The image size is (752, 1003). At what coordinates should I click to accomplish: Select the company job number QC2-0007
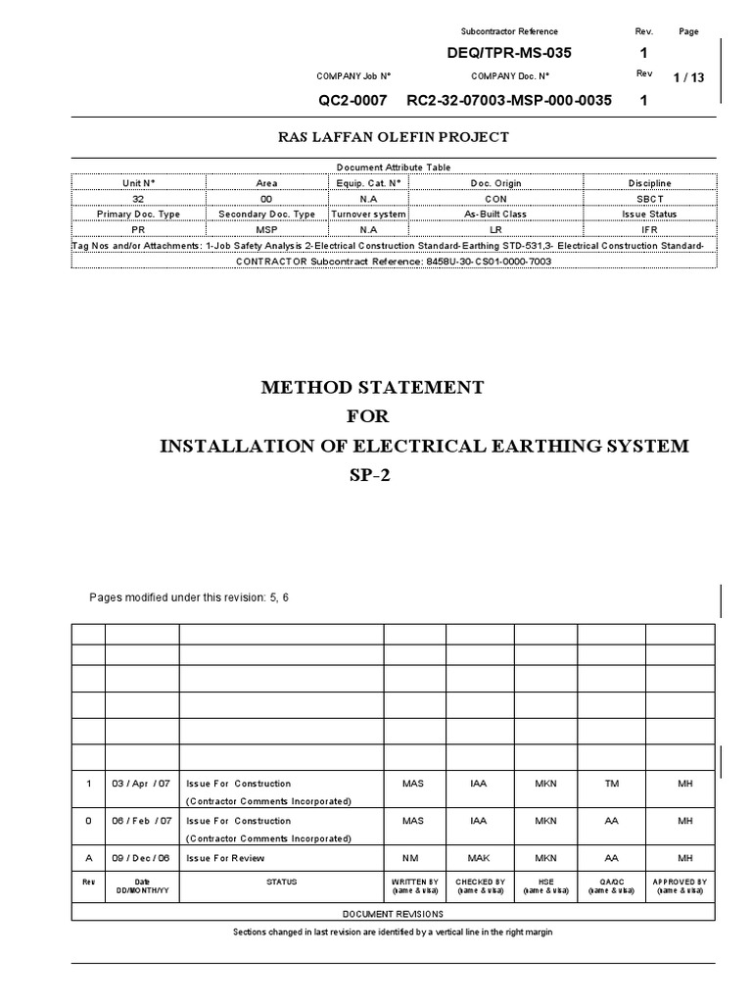pos(352,101)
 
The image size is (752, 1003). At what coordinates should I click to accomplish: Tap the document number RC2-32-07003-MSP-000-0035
pos(510,101)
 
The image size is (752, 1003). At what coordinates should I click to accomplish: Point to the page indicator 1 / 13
pos(689,79)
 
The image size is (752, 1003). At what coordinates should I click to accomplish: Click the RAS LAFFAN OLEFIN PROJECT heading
pos(394,137)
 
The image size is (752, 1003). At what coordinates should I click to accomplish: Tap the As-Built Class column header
pos(494,213)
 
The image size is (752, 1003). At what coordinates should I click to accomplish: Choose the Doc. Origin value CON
pos(494,198)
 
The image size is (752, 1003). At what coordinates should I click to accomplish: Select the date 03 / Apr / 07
pos(142,784)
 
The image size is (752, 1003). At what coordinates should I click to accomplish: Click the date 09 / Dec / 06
pos(142,858)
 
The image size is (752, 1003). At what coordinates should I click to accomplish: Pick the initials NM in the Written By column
pos(414,858)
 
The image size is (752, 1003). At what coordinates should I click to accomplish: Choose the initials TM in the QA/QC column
pos(611,784)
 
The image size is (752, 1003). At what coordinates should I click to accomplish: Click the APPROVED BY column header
pos(679,882)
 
